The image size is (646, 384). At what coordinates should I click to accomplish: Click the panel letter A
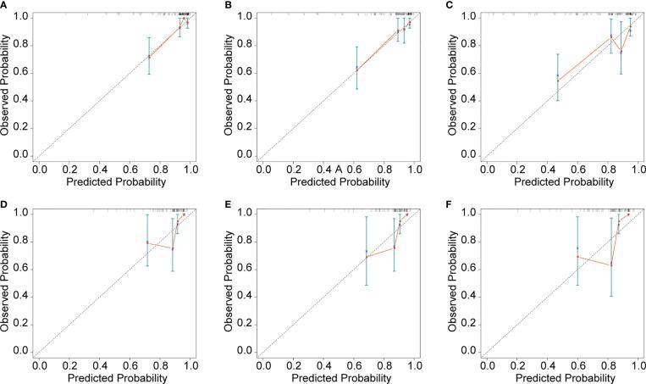coord(4,4)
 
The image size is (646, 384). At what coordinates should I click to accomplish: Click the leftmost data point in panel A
coord(149,57)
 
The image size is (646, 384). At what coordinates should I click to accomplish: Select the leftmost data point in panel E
coord(366,256)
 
